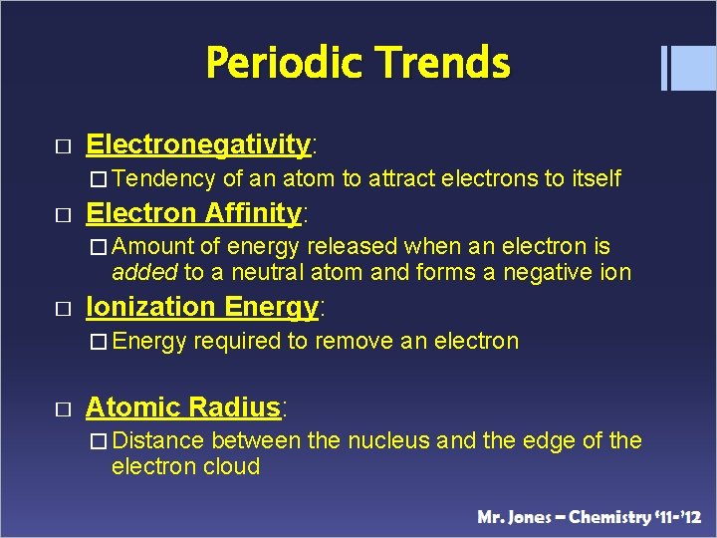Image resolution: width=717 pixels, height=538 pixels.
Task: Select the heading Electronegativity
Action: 198,144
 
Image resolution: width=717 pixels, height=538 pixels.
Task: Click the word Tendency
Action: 170,178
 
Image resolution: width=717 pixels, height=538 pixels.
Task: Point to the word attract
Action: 401,178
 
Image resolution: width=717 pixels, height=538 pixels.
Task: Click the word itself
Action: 597,178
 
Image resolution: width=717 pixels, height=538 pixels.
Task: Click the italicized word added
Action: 144,272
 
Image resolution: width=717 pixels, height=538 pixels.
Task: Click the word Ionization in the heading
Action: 149,307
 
